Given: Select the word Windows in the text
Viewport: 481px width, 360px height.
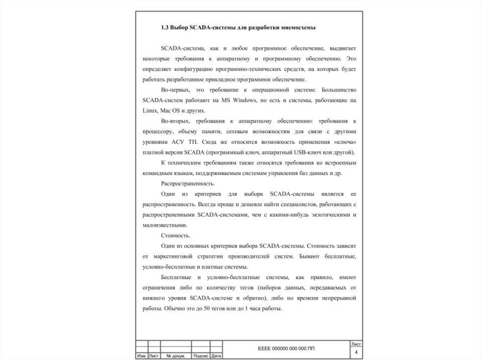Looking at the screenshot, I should click(240, 100).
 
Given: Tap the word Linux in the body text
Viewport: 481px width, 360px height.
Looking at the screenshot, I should click(148, 111).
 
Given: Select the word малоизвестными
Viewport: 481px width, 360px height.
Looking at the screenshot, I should click(161, 225).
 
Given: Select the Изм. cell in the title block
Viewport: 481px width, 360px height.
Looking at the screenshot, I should click(141, 356).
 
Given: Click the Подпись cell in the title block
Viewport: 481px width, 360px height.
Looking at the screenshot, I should click(201, 356).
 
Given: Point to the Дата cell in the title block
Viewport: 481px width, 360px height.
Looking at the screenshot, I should click(217, 356).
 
